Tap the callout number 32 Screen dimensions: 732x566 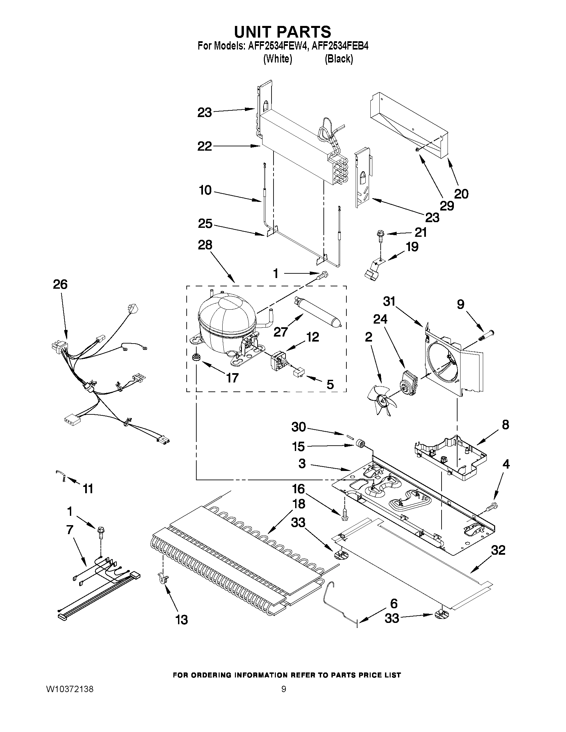coord(498,550)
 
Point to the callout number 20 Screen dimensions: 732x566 coord(461,194)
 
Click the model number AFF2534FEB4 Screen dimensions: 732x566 coord(340,46)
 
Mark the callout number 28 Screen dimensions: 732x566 coord(205,245)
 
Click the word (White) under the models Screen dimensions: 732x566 coord(278,59)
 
